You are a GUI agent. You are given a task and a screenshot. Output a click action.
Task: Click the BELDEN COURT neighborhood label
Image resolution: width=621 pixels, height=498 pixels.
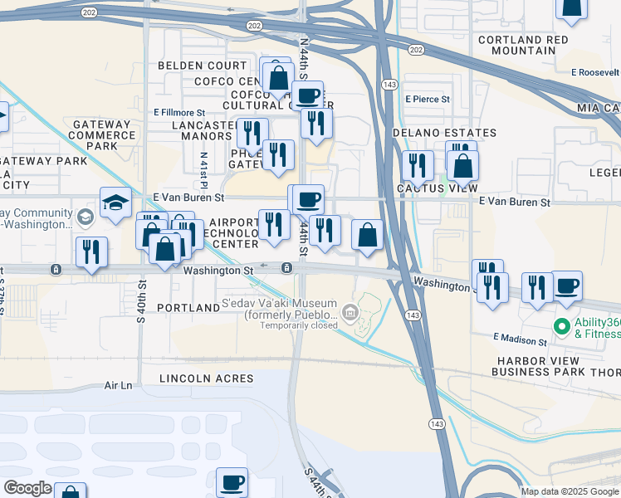[x=203, y=66]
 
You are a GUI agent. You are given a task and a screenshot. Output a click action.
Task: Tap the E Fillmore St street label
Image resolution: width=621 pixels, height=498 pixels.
[x=179, y=112]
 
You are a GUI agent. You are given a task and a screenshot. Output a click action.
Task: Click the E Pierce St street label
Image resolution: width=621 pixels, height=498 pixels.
[x=428, y=99]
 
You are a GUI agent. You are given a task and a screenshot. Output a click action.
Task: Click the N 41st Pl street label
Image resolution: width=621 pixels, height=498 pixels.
[x=203, y=169]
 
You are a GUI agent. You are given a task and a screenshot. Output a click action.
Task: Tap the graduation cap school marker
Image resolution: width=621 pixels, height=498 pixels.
[x=115, y=202]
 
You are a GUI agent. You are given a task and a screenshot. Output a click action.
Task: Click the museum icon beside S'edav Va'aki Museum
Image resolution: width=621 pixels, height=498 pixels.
[x=350, y=313]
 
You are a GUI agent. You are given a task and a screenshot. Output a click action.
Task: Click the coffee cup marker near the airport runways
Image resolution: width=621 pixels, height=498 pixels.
[x=232, y=481]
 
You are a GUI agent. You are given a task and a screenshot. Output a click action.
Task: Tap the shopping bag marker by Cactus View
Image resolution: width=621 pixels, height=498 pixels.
[x=462, y=164]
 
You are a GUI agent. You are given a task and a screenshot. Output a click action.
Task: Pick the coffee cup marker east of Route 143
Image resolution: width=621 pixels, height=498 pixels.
[x=566, y=285]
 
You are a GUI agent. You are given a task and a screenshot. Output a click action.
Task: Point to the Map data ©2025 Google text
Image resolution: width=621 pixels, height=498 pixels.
[x=569, y=491]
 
